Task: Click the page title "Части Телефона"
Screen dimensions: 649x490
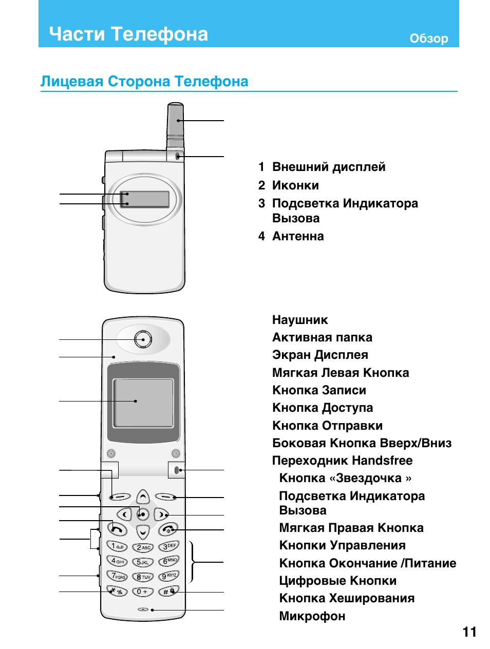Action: point(128,34)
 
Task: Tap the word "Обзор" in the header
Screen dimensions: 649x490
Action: point(428,39)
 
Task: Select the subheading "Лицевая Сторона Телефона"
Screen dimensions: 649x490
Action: point(144,81)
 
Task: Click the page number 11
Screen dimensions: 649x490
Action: point(469,632)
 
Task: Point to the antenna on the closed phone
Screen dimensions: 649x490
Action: point(175,120)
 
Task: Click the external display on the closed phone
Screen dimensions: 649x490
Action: point(145,199)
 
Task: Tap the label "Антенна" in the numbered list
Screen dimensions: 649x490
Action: point(298,236)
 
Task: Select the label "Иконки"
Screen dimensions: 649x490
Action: point(295,185)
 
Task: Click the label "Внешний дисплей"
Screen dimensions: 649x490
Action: point(329,167)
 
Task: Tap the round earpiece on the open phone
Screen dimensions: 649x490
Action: point(143,339)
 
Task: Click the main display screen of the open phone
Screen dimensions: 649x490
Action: point(143,403)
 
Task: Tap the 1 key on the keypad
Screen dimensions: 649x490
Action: point(117,546)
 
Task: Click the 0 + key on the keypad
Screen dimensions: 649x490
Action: point(142,591)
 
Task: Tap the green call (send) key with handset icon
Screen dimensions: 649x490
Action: point(118,529)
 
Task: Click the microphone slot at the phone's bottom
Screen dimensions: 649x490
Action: point(143,609)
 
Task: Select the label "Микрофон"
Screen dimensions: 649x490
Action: point(312,616)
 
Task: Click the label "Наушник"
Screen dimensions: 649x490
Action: point(300,320)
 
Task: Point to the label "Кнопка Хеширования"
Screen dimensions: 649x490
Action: point(347,598)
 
